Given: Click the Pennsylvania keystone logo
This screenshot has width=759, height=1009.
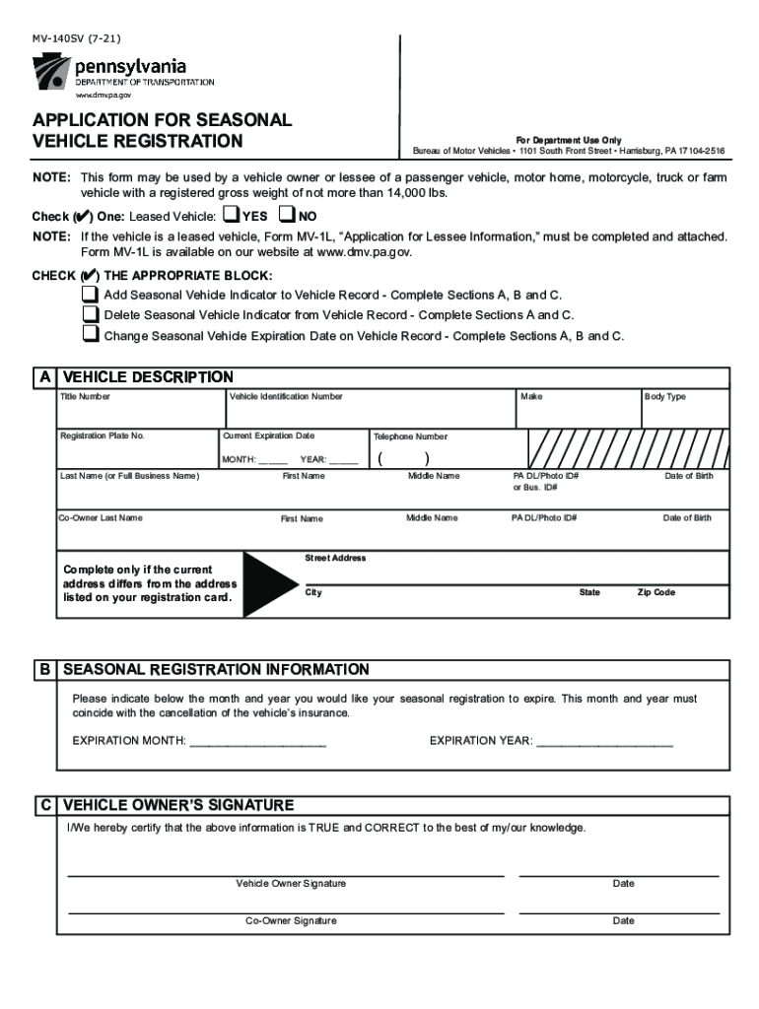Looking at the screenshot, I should (51, 72).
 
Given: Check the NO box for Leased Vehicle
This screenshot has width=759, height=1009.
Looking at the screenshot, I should (287, 215).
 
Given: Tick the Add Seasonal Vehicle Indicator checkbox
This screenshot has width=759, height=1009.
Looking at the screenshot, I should (91, 295).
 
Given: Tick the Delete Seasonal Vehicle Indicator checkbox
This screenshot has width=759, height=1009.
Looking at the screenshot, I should (91, 314).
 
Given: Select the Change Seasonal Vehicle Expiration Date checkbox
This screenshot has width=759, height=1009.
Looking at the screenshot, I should (91, 335).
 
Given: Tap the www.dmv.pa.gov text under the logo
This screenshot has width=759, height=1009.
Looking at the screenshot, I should (103, 96).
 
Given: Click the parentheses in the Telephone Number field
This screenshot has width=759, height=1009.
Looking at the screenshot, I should (404, 458).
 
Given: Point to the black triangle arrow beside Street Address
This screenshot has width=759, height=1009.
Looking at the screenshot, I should (269, 585).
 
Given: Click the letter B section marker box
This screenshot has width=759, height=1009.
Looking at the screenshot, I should (45, 670).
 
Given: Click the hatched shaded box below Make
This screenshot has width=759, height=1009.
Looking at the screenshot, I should (627, 447).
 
